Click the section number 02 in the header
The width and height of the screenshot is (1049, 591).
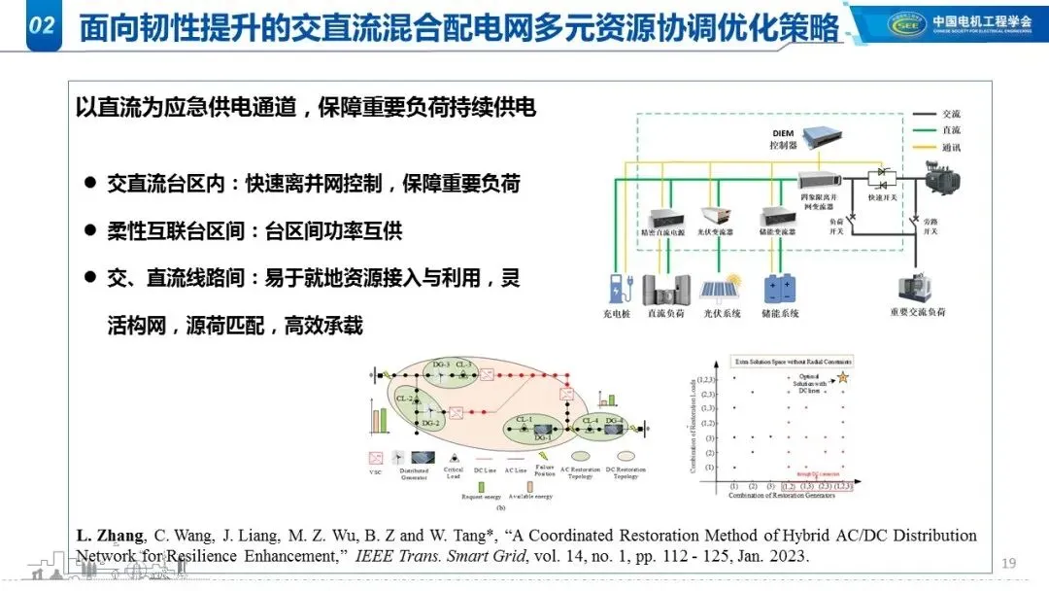[x=40, y=26]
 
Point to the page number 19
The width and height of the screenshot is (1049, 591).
[x=1008, y=563]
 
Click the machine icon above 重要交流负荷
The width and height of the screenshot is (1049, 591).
[x=919, y=287]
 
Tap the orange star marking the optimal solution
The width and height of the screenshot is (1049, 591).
[x=841, y=375]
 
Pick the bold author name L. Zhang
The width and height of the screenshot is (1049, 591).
[x=110, y=536]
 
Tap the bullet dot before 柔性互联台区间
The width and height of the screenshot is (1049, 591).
[x=89, y=231]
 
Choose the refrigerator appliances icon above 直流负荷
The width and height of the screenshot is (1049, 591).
[x=666, y=289]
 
